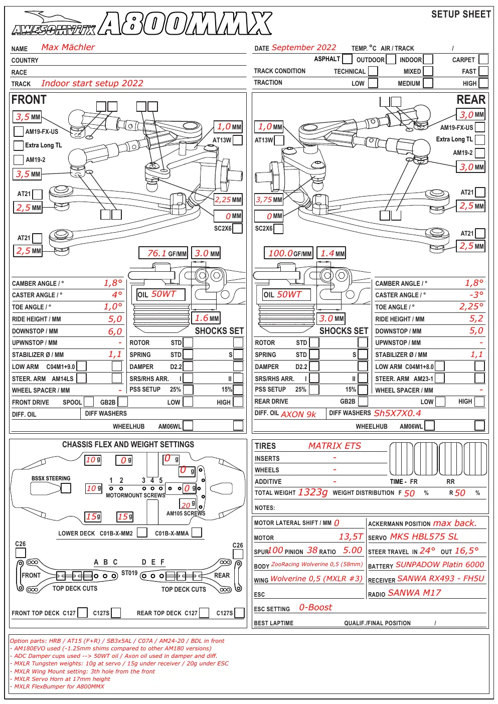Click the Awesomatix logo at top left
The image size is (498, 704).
(x=54, y=24)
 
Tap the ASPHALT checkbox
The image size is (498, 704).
(x=347, y=59)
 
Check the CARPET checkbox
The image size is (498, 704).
(x=483, y=59)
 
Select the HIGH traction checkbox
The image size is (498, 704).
(x=483, y=83)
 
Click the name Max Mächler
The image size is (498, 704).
(x=68, y=47)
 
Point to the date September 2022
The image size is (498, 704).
(x=304, y=48)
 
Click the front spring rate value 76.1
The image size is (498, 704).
(x=157, y=253)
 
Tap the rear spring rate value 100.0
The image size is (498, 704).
(x=280, y=253)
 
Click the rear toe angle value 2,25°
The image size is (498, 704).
(x=471, y=306)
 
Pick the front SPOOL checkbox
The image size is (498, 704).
(x=89, y=402)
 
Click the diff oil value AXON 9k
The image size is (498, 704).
(x=298, y=414)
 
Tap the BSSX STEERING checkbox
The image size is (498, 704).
(x=66, y=488)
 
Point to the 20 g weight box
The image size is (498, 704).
(x=188, y=504)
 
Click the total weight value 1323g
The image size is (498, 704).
(x=313, y=492)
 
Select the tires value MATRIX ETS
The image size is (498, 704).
(x=335, y=446)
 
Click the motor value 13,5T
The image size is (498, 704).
(x=351, y=537)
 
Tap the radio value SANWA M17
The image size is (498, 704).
(x=414, y=593)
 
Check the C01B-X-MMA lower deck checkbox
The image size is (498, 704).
(x=197, y=533)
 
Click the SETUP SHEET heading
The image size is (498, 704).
(x=461, y=14)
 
